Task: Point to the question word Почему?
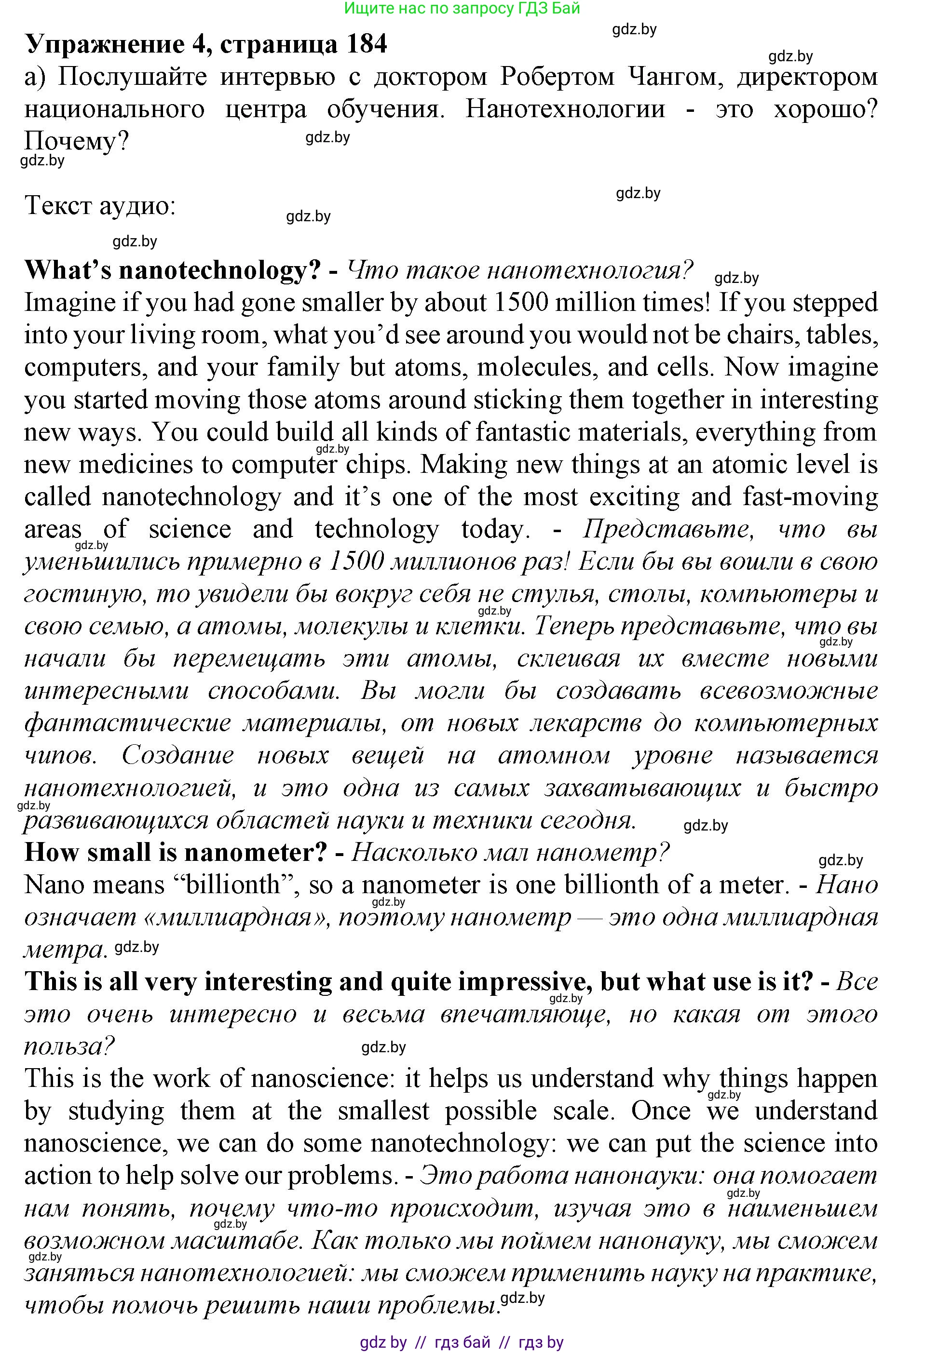(76, 142)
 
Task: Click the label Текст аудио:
(100, 206)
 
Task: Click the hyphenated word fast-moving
(810, 497)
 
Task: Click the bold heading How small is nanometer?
(176, 853)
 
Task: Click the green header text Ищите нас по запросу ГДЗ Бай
(462, 8)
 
